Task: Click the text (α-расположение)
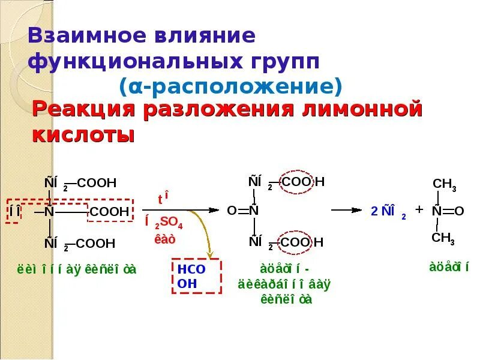tap(230, 86)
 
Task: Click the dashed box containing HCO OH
tap(197, 276)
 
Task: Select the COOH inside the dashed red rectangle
tap(109, 212)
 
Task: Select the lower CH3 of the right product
tap(443, 238)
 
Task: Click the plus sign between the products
tap(419, 209)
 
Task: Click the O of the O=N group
tap(232, 211)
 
